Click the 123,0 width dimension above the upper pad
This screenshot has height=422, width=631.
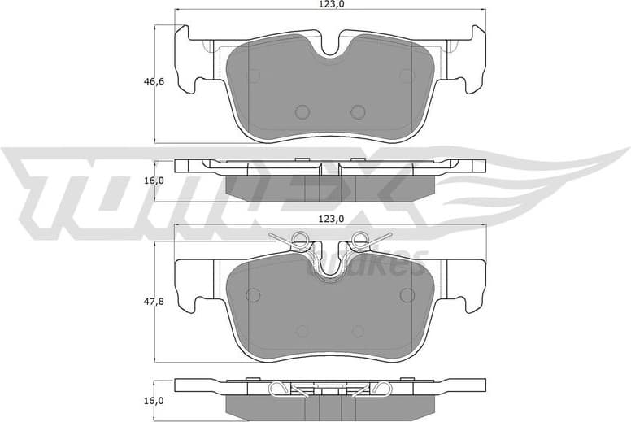330,5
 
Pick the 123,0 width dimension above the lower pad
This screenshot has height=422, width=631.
330,220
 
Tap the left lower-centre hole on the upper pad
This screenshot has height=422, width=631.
302,111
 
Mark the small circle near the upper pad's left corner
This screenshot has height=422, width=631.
253,76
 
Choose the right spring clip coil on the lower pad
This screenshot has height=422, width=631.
359,239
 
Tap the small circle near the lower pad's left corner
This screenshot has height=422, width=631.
253,294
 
